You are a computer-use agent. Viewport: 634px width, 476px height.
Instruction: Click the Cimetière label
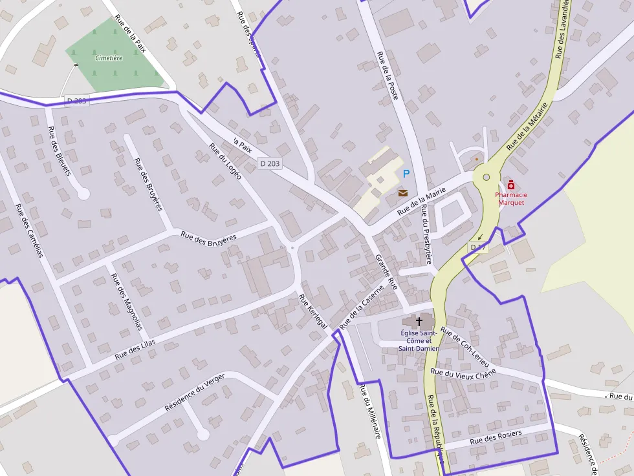pyautogui.click(x=109, y=58)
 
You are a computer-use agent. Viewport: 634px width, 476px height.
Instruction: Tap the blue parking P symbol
pyautogui.click(x=406, y=173)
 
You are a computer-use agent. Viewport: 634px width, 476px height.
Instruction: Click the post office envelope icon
pyautogui.click(x=403, y=192)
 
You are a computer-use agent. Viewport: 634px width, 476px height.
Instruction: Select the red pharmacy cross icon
pyautogui.click(x=511, y=185)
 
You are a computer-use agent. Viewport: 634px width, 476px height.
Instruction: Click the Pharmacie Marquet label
pyautogui.click(x=511, y=198)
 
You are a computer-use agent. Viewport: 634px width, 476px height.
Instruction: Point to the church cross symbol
pyautogui.click(x=419, y=320)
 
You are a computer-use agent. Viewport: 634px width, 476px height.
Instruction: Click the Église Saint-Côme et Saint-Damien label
pyautogui.click(x=419, y=340)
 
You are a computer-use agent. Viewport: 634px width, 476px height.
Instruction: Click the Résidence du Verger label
pyautogui.click(x=195, y=392)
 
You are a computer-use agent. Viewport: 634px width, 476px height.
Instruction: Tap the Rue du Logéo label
pyautogui.click(x=225, y=160)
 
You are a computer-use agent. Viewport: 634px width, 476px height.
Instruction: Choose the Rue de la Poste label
pyautogui.click(x=388, y=76)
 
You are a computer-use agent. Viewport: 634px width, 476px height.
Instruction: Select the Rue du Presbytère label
pyautogui.click(x=426, y=234)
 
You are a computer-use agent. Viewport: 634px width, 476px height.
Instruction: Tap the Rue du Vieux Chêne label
pyautogui.click(x=463, y=373)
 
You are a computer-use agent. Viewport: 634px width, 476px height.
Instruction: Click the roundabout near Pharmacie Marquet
pyautogui.click(x=486, y=177)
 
